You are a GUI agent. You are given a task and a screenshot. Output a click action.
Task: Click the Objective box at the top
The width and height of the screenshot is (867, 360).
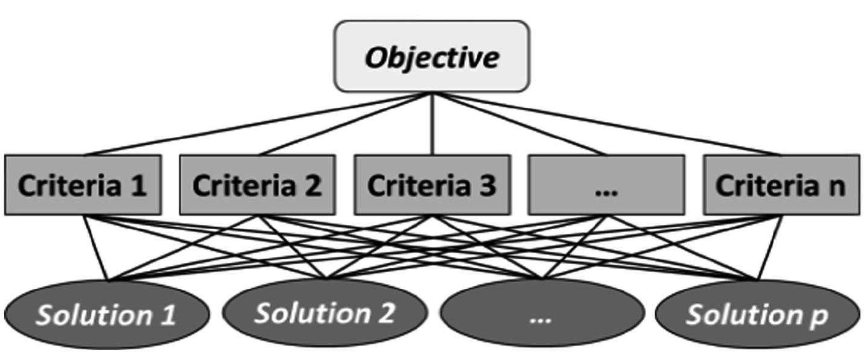click(x=432, y=57)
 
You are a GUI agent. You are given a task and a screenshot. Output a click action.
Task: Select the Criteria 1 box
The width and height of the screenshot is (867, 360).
click(x=83, y=185)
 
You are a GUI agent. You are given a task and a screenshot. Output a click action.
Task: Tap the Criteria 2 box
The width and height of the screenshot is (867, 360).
click(x=257, y=185)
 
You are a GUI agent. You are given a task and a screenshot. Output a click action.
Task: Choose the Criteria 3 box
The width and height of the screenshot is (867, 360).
click(x=432, y=185)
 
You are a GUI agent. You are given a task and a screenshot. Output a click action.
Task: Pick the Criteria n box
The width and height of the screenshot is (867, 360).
click(x=781, y=185)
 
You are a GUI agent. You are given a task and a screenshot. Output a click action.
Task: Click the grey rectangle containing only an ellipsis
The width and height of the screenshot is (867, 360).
click(x=606, y=185)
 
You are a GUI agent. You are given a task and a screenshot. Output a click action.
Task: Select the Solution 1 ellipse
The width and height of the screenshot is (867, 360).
click(x=107, y=314)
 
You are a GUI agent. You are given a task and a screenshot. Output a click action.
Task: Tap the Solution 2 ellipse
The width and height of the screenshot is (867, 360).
click(x=325, y=313)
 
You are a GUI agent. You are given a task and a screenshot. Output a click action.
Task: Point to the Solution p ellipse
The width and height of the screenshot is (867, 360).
click(x=757, y=314)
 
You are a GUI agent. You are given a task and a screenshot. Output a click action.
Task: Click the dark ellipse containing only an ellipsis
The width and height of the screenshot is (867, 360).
click(x=541, y=314)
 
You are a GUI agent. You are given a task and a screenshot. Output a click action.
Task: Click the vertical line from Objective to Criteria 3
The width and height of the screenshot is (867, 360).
click(x=432, y=124)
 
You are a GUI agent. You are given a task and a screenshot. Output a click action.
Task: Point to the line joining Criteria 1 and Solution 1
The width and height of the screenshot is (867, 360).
click(x=95, y=247)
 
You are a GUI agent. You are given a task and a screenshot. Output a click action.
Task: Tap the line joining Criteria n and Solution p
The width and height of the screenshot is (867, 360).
click(x=770, y=247)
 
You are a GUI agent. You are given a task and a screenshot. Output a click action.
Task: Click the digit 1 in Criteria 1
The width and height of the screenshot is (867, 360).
click(x=138, y=186)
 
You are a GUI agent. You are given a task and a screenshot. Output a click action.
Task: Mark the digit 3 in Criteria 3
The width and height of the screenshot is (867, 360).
click(x=487, y=186)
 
